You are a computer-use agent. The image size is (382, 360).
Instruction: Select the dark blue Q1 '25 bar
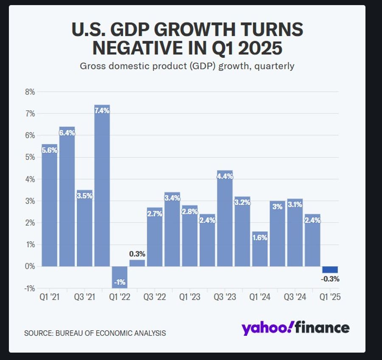(330, 270)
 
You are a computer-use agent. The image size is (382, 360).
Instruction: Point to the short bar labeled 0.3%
(137, 263)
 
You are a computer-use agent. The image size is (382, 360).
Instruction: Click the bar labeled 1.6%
(260, 250)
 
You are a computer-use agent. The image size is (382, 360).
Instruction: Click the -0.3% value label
(330, 279)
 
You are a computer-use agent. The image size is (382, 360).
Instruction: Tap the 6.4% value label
(67, 133)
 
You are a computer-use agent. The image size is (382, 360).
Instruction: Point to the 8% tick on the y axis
(29, 92)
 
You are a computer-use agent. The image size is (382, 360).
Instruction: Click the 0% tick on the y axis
(29, 266)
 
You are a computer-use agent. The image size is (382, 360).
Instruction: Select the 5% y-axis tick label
(29, 157)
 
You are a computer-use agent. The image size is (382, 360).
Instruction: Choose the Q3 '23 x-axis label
(225, 297)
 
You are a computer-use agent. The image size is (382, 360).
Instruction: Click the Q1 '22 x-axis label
(119, 297)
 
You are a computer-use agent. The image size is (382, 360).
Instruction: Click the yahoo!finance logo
(295, 328)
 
